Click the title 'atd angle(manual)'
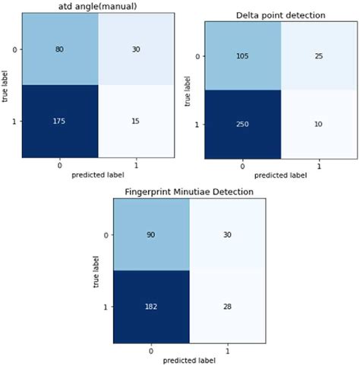[96, 7]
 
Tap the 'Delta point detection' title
[280, 16]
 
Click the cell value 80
[60, 49]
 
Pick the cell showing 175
[60, 121]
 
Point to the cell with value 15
[136, 121]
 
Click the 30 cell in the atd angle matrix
[136, 49]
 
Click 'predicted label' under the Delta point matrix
[280, 175]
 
